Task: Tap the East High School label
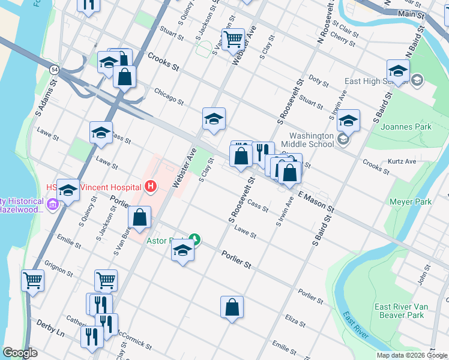[x=376, y=81]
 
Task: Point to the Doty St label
[x=315, y=78]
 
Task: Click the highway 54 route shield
[x=54, y=70]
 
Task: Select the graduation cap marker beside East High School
[x=398, y=71]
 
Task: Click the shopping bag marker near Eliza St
[x=232, y=308]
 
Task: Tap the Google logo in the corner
[x=20, y=353]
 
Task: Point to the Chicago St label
[x=168, y=95]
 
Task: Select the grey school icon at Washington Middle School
[x=343, y=140]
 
